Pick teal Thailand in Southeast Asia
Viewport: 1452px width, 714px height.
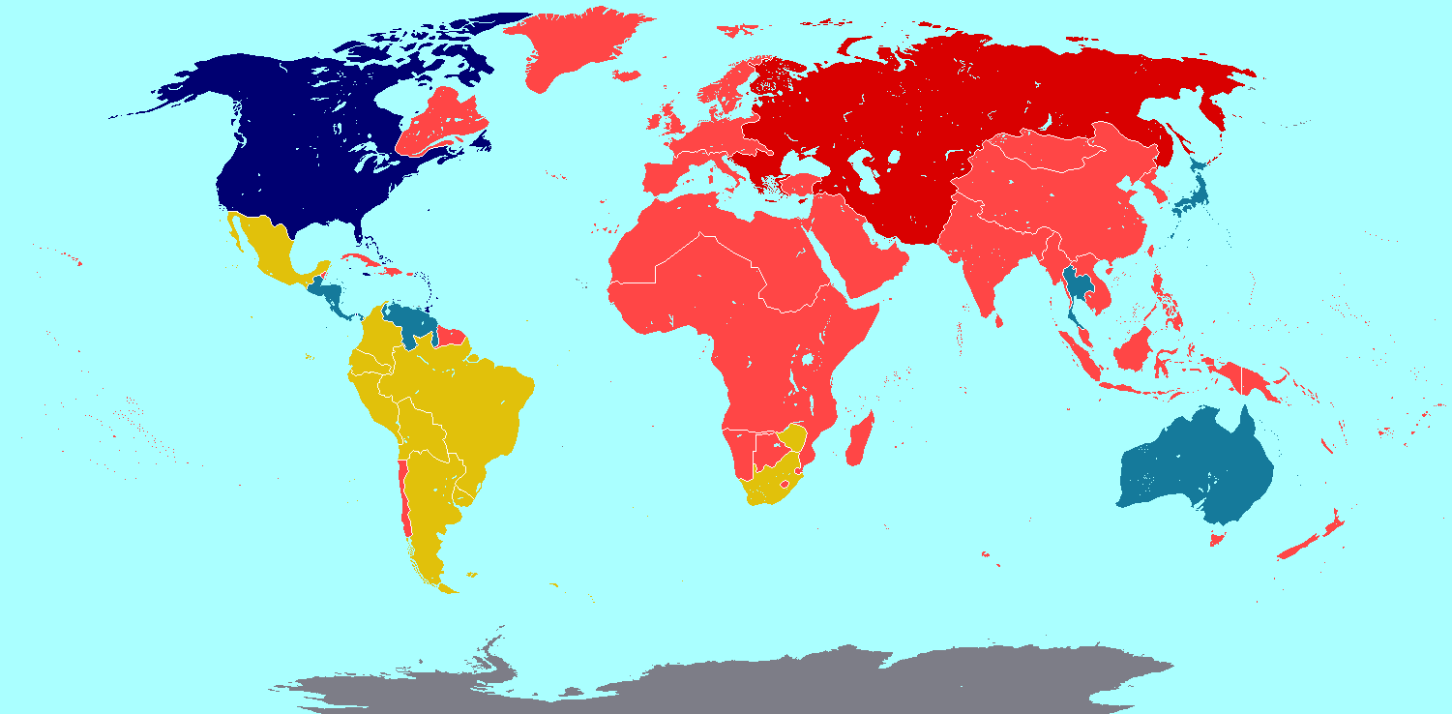(x=1075, y=285)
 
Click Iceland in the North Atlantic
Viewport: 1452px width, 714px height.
(x=627, y=75)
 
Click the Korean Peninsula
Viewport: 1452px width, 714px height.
(x=1148, y=187)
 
